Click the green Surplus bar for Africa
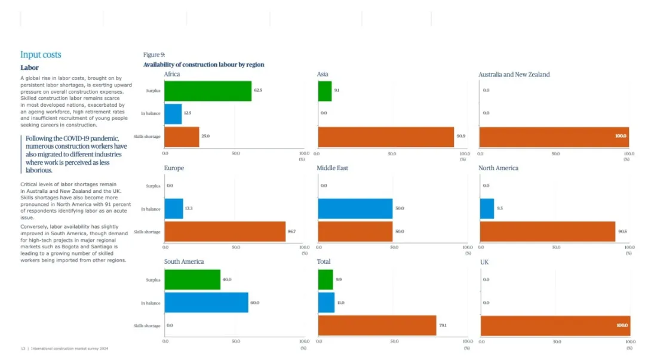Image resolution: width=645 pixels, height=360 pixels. tap(207, 91)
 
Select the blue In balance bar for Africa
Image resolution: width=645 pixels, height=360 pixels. tap(173, 113)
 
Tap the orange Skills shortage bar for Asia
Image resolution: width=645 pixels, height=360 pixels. tap(386, 137)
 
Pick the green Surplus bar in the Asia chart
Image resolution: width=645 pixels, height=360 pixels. tap(324, 91)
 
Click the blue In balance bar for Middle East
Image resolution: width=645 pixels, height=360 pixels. tap(355, 208)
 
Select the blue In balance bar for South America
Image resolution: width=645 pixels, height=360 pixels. tap(206, 303)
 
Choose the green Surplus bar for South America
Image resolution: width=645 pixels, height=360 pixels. tap(192, 279)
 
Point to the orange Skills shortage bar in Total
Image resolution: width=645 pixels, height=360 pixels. tap(377, 325)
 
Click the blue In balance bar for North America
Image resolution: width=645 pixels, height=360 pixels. tap(487, 208)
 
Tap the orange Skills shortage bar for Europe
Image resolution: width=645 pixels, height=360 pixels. tap(225, 231)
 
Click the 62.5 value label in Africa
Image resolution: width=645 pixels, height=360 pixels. tap(258, 91)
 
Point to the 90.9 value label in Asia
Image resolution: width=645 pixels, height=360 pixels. tap(461, 137)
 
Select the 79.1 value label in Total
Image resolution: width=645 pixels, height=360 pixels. tap(443, 325)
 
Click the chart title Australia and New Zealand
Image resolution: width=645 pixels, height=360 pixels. tap(514, 75)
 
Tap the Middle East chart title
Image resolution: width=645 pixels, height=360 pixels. tap(332, 168)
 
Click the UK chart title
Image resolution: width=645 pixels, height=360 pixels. tap(484, 262)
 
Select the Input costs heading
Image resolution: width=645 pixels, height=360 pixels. tap(41, 55)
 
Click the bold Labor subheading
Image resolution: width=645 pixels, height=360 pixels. tap(29, 68)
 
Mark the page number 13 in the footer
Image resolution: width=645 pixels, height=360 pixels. tap(23, 349)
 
